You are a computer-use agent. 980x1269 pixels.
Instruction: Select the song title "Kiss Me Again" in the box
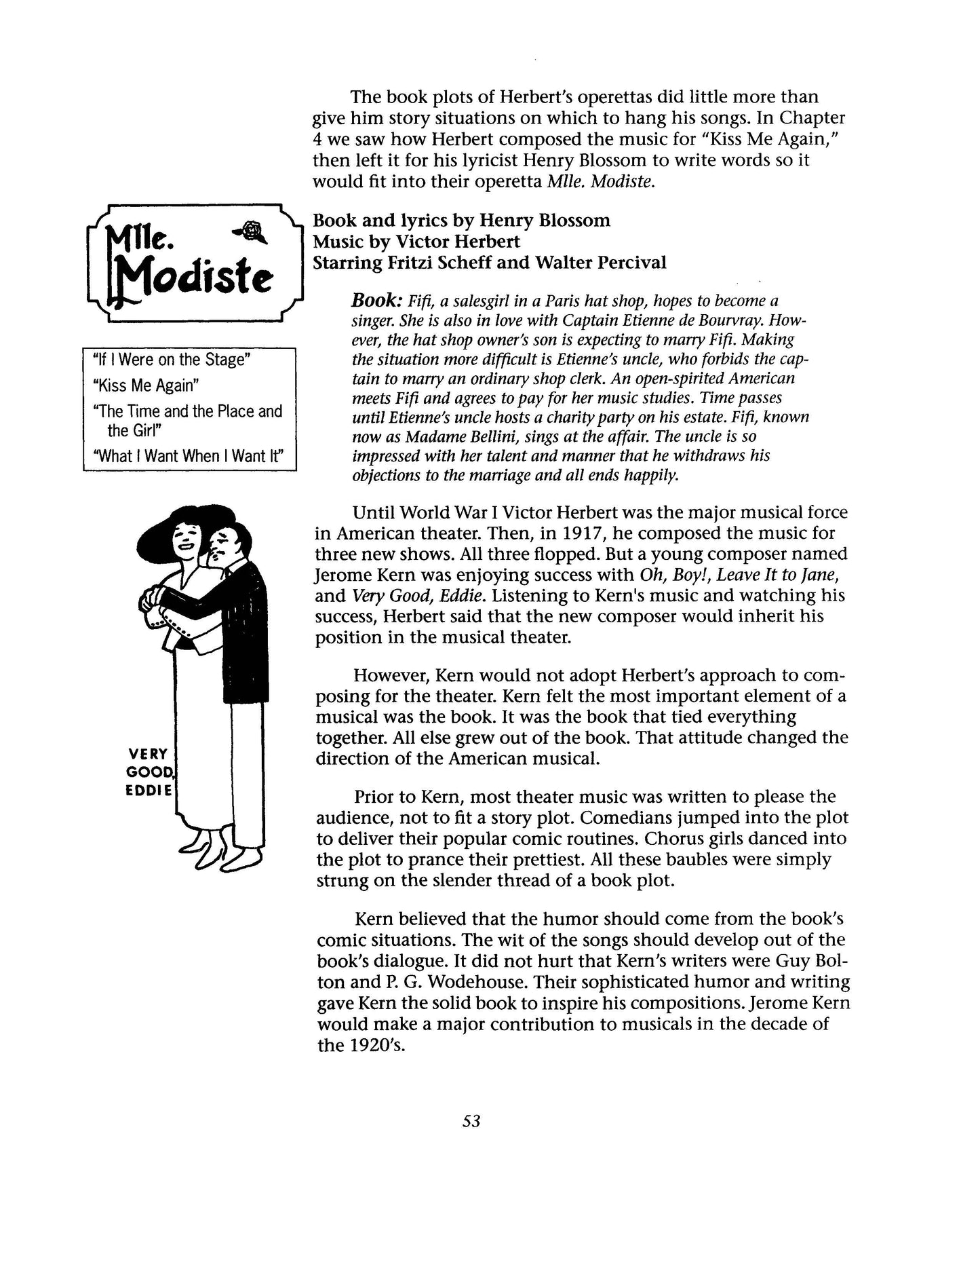[x=145, y=385]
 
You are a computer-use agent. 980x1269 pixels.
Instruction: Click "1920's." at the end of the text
[x=361, y=1045]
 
